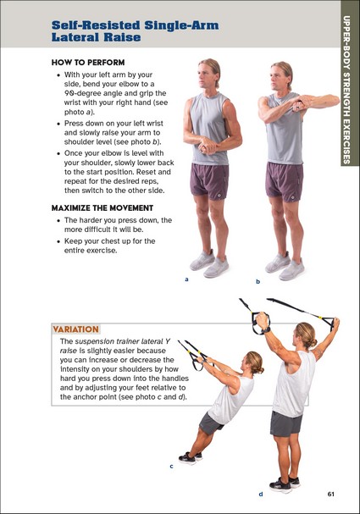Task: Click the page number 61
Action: tap(331, 494)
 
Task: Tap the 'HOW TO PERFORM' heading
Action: tap(88, 63)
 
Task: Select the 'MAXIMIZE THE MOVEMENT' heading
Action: tap(102, 207)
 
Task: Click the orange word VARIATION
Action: tap(75, 329)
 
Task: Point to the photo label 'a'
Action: tap(186, 279)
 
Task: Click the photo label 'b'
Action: tap(258, 281)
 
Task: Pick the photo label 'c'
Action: tap(171, 466)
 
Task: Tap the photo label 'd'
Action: tap(261, 494)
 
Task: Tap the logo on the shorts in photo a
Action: tap(219, 196)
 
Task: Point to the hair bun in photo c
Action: tap(261, 370)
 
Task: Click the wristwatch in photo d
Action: tap(269, 329)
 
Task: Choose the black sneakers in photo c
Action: tap(190, 457)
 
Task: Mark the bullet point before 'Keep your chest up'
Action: tap(58, 241)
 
